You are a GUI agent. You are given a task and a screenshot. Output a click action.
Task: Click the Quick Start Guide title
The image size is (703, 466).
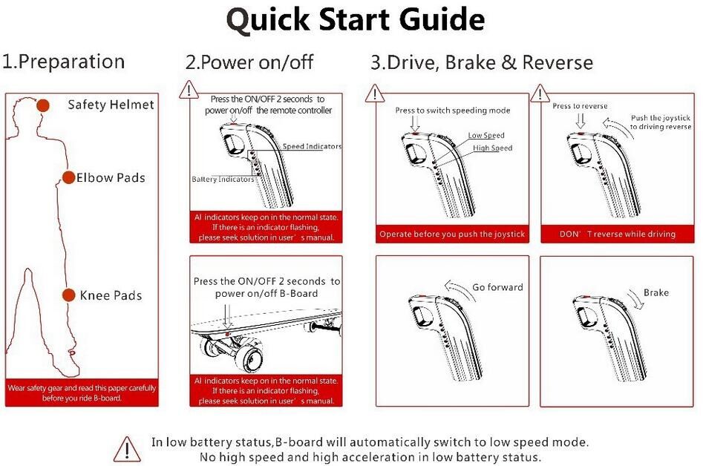tap(356, 20)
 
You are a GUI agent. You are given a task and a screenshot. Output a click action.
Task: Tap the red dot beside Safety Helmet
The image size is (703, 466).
tap(43, 105)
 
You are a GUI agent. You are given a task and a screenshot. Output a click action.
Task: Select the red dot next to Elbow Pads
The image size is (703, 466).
tap(68, 177)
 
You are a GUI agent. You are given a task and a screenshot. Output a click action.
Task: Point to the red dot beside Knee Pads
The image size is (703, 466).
tap(69, 295)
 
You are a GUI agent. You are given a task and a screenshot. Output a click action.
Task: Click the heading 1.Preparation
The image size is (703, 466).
tap(63, 62)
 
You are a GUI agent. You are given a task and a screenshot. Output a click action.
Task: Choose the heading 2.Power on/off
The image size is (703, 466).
tap(249, 62)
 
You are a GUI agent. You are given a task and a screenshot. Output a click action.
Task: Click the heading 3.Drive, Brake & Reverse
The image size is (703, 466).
tap(482, 62)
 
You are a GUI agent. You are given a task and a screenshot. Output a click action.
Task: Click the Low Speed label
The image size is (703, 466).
tap(486, 136)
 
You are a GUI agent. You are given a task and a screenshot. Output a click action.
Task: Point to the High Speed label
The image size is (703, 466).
tap(492, 148)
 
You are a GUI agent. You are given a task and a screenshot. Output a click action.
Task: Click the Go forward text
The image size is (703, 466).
tap(497, 287)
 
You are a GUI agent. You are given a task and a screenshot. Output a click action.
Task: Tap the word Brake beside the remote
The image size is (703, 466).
tap(655, 293)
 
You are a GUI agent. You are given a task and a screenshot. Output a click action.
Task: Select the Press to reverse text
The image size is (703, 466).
tap(580, 106)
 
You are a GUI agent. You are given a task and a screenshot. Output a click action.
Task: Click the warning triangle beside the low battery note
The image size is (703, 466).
tap(126, 448)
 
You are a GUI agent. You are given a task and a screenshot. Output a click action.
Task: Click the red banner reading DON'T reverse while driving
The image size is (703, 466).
tap(618, 234)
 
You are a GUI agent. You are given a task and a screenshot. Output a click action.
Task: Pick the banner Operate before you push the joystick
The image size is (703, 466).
tap(451, 234)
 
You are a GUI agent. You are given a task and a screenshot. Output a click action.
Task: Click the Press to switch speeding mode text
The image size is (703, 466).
tap(452, 111)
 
